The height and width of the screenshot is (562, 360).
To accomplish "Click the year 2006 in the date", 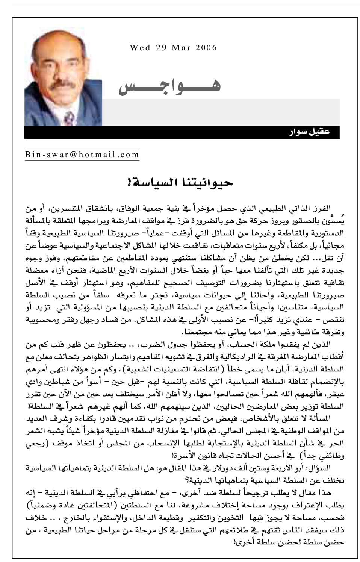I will (206, 48).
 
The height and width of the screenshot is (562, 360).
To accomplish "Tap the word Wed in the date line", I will (140, 48).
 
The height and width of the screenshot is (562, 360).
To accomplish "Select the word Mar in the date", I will (182, 48).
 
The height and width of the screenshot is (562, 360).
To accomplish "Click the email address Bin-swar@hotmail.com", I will (82, 155).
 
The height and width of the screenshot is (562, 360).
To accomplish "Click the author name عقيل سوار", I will (310, 132).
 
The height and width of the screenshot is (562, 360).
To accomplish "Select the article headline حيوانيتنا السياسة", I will (180, 183).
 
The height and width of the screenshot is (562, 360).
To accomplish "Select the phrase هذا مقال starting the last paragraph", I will (318, 493).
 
